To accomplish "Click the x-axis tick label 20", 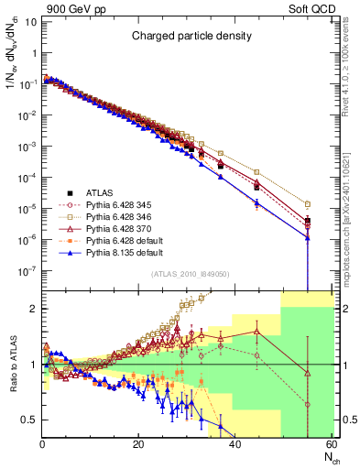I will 138,444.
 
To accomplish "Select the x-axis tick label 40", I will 235,444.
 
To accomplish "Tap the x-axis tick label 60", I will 331,444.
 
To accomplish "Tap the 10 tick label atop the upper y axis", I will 32,19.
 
